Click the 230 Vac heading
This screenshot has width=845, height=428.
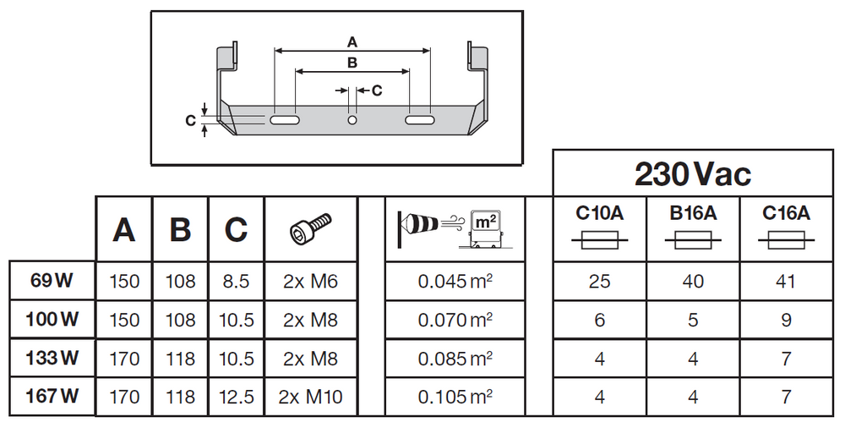click(x=692, y=173)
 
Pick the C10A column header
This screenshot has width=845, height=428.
click(x=599, y=214)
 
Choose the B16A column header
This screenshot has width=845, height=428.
click(x=693, y=214)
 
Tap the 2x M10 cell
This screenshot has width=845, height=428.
click(x=312, y=396)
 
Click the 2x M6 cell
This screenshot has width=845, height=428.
click(x=310, y=282)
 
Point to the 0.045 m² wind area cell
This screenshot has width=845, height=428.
click(x=455, y=282)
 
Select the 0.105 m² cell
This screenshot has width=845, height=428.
click(x=455, y=396)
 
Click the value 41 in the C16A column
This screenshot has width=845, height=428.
click(x=786, y=282)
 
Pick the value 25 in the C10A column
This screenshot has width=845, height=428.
click(x=599, y=282)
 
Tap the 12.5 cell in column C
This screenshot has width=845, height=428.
click(x=236, y=396)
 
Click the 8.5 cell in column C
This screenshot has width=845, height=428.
click(x=236, y=282)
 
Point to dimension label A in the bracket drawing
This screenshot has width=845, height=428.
click(x=352, y=41)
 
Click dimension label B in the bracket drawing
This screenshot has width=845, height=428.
click(x=352, y=63)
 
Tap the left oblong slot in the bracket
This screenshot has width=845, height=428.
click(x=286, y=122)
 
